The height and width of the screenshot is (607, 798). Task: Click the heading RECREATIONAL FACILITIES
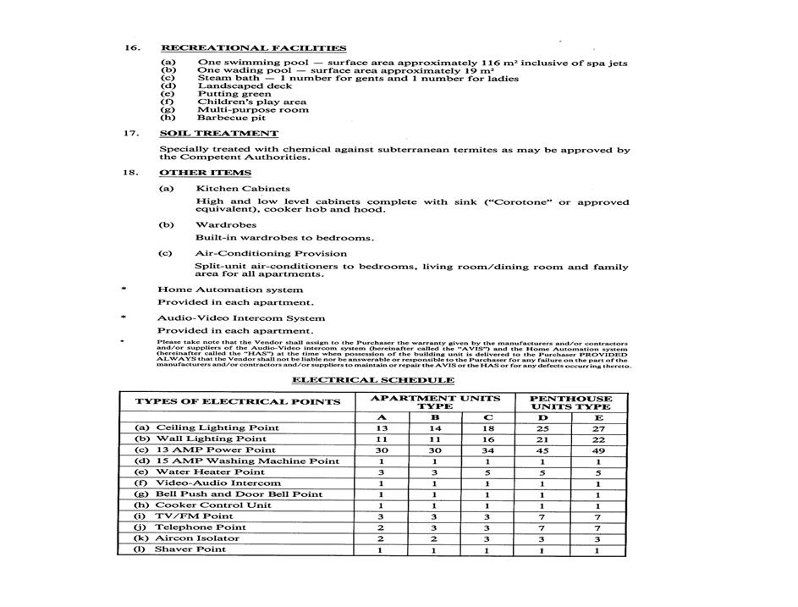[x=253, y=48]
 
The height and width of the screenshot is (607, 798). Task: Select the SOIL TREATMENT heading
[x=218, y=134]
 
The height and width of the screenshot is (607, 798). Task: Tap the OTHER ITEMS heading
[x=206, y=174]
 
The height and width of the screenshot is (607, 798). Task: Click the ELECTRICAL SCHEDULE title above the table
[x=373, y=380]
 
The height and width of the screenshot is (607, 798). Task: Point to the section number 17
[x=132, y=134]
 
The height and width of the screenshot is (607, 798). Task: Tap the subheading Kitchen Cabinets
[x=243, y=189]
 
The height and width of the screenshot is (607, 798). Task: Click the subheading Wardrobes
[x=225, y=225]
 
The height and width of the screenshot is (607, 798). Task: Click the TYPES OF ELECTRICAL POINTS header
[x=238, y=402]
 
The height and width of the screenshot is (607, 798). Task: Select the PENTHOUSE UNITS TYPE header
[x=571, y=402]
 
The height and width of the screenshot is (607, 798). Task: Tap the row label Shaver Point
[x=190, y=549]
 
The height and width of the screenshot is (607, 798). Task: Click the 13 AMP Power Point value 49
[x=598, y=450]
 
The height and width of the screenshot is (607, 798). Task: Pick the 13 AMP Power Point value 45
[x=542, y=450]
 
